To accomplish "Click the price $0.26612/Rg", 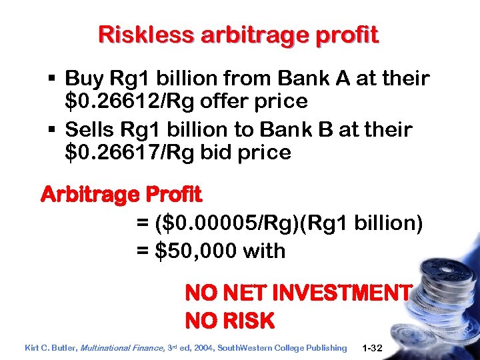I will tap(140, 101).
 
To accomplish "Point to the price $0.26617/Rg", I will tap(140, 152).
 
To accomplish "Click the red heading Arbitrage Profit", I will tap(121, 195).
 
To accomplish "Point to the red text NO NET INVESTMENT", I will tap(298, 293).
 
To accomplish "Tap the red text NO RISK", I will tap(229, 321).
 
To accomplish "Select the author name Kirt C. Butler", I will tap(51, 347).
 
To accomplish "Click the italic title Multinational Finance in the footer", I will tap(120, 347).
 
